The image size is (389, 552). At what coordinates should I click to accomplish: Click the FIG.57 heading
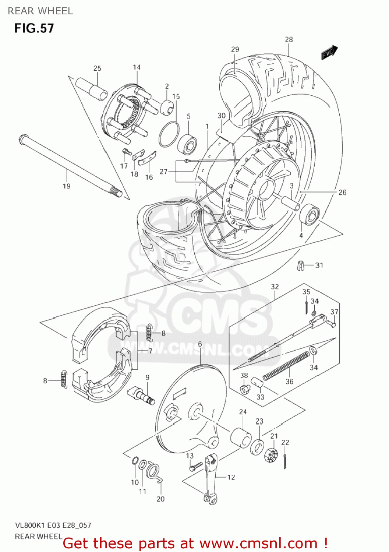point(34,28)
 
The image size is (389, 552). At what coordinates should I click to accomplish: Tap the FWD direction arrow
point(329,52)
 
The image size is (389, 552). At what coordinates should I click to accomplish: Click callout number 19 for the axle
point(66,186)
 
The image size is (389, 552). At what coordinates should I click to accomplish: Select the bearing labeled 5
point(187,143)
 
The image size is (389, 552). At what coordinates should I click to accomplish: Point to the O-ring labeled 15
point(169,134)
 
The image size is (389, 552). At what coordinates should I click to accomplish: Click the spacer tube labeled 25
point(91,89)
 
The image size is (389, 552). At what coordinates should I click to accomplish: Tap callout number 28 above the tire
point(289,39)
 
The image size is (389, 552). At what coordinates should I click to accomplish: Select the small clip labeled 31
point(301,266)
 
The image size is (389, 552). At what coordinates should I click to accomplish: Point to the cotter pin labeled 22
point(286,461)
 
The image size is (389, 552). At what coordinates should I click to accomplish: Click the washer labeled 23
point(257,447)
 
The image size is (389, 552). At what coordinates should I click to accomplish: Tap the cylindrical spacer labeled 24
point(241,437)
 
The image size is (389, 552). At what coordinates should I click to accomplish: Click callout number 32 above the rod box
point(275,287)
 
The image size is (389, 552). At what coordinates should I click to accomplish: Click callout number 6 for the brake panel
point(200,344)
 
